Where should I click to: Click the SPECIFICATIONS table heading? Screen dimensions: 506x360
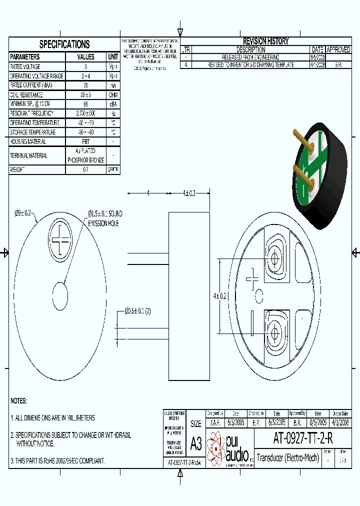(64, 44)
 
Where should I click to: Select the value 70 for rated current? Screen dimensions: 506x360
(85, 85)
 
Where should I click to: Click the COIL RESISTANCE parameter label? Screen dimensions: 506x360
(27, 95)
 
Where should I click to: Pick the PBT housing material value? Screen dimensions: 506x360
(85, 141)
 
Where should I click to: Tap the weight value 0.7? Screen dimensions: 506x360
(85, 169)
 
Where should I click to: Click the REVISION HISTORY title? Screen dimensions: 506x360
(265, 41)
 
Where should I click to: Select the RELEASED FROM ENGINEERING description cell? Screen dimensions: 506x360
(250, 57)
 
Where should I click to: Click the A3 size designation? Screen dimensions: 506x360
(195, 444)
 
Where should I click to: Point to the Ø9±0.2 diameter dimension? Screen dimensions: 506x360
(23, 213)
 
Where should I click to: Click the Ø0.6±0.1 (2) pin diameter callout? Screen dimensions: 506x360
(137, 311)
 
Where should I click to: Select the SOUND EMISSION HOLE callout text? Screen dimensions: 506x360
(105, 218)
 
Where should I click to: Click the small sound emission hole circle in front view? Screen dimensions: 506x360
(60, 296)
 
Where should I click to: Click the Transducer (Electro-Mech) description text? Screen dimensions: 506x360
(287, 457)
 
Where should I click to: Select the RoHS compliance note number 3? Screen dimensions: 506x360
(57, 460)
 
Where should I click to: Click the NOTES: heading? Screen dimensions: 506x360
(18, 401)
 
